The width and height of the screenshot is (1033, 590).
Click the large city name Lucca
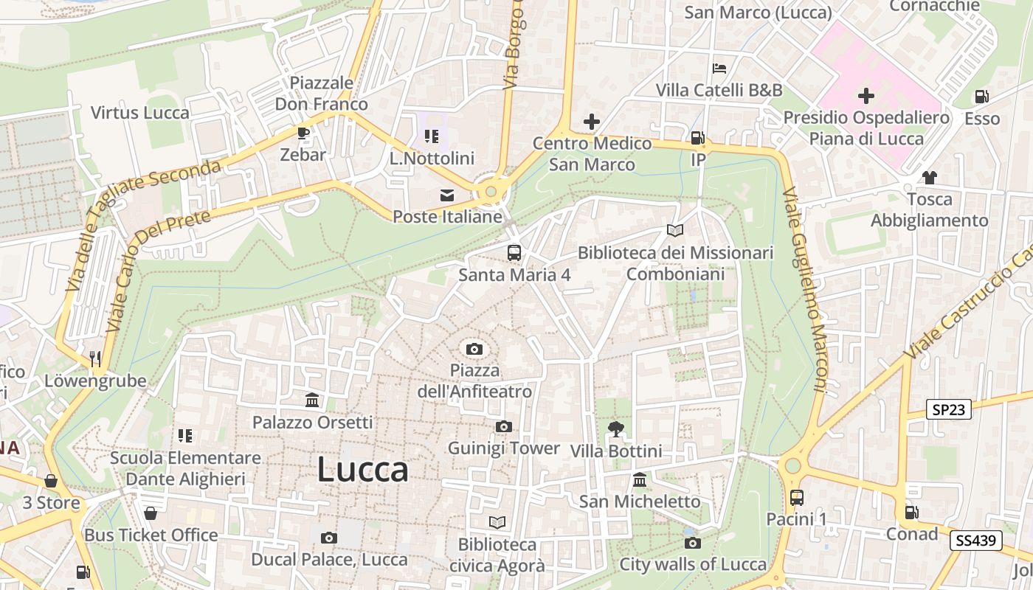363,470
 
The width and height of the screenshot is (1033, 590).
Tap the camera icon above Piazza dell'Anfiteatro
474,348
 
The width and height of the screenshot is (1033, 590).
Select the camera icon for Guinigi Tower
504,426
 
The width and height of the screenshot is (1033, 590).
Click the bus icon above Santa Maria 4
514,253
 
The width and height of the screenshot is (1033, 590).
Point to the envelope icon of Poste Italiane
447,195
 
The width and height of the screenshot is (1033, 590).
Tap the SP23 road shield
949,410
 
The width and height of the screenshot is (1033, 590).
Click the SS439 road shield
975,540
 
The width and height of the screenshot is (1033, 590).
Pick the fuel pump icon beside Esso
981,96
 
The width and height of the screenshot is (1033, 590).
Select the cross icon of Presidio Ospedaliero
866,96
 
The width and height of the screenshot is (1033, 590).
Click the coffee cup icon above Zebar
303,133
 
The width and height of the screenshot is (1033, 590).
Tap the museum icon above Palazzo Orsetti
312,400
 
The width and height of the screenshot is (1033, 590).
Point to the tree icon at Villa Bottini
615,428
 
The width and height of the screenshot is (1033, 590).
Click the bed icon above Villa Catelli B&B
719,69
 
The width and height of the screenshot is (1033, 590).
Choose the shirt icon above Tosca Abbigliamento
929,177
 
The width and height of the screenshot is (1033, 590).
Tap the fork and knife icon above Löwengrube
95,358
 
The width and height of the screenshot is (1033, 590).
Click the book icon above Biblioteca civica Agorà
497,522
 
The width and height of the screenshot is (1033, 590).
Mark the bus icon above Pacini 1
796,497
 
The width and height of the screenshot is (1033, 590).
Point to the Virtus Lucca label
140,113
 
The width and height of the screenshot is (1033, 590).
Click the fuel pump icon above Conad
912,512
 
